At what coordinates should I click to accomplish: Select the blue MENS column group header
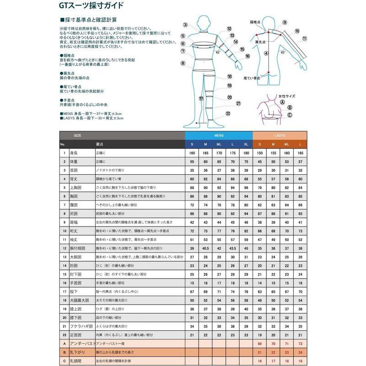tap(219, 136)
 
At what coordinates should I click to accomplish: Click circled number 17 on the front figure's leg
tap(201, 98)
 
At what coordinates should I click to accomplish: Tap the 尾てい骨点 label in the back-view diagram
tap(251, 78)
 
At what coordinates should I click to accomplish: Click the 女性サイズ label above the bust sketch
tap(287, 97)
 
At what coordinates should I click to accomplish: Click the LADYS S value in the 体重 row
tap(260, 161)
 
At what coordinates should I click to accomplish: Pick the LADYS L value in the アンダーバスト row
tap(300, 343)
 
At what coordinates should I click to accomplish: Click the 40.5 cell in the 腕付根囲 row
tap(205, 248)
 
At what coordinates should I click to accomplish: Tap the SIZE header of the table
tap(77, 136)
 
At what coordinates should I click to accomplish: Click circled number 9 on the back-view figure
tap(285, 22)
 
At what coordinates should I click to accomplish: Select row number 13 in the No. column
tap(65, 257)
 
